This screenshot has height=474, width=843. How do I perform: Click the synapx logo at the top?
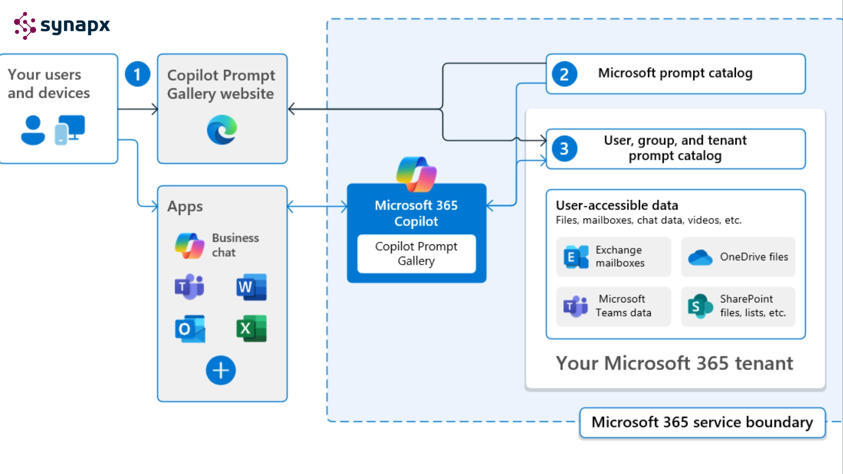pos(61,25)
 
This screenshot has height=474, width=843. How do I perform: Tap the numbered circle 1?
pos(137,74)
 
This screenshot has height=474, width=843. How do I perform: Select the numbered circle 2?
pos(564,74)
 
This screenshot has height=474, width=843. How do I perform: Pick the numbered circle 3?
pos(564,149)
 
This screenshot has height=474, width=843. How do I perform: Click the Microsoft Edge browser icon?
pos(222,129)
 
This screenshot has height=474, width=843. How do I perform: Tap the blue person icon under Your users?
pos(33,130)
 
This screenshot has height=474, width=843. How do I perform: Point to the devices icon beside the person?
pos(70,130)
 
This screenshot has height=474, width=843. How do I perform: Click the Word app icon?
pos(252,287)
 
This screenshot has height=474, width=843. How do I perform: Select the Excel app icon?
pos(252,328)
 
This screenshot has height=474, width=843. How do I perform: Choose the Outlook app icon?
pos(190,328)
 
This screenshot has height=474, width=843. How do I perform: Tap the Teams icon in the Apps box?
pos(190,287)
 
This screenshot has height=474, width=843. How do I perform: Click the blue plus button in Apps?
pos(221,370)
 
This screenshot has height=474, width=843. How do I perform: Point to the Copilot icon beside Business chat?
pos(190,246)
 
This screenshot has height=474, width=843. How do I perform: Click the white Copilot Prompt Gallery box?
pos(416,254)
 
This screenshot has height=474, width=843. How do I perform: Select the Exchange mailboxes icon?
pos(576,257)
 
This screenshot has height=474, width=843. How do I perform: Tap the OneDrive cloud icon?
pos(700,257)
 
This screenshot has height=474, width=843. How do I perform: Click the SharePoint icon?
pos(700,306)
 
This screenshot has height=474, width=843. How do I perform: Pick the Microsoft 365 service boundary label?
pos(702,423)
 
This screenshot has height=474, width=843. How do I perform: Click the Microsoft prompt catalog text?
pos(675,73)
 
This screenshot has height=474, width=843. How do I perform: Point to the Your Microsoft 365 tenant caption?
pos(674,363)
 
